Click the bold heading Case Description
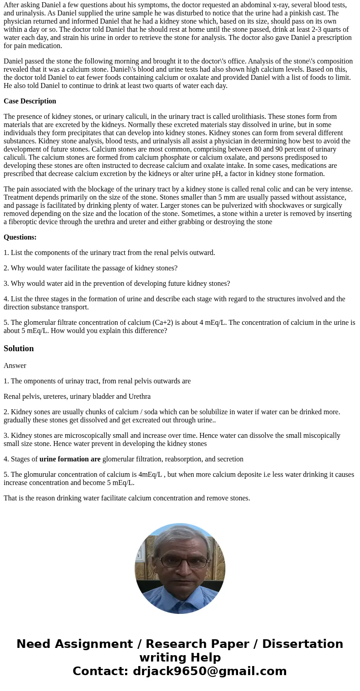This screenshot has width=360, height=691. point(30,101)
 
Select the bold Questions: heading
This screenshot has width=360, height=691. point(20,237)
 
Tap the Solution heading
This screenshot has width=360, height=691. point(19,348)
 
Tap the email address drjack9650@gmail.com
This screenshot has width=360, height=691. point(209,671)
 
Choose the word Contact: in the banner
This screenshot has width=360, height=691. point(100,671)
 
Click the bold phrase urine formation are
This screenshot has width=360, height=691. point(70,459)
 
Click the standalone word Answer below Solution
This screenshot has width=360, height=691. point(15,366)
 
